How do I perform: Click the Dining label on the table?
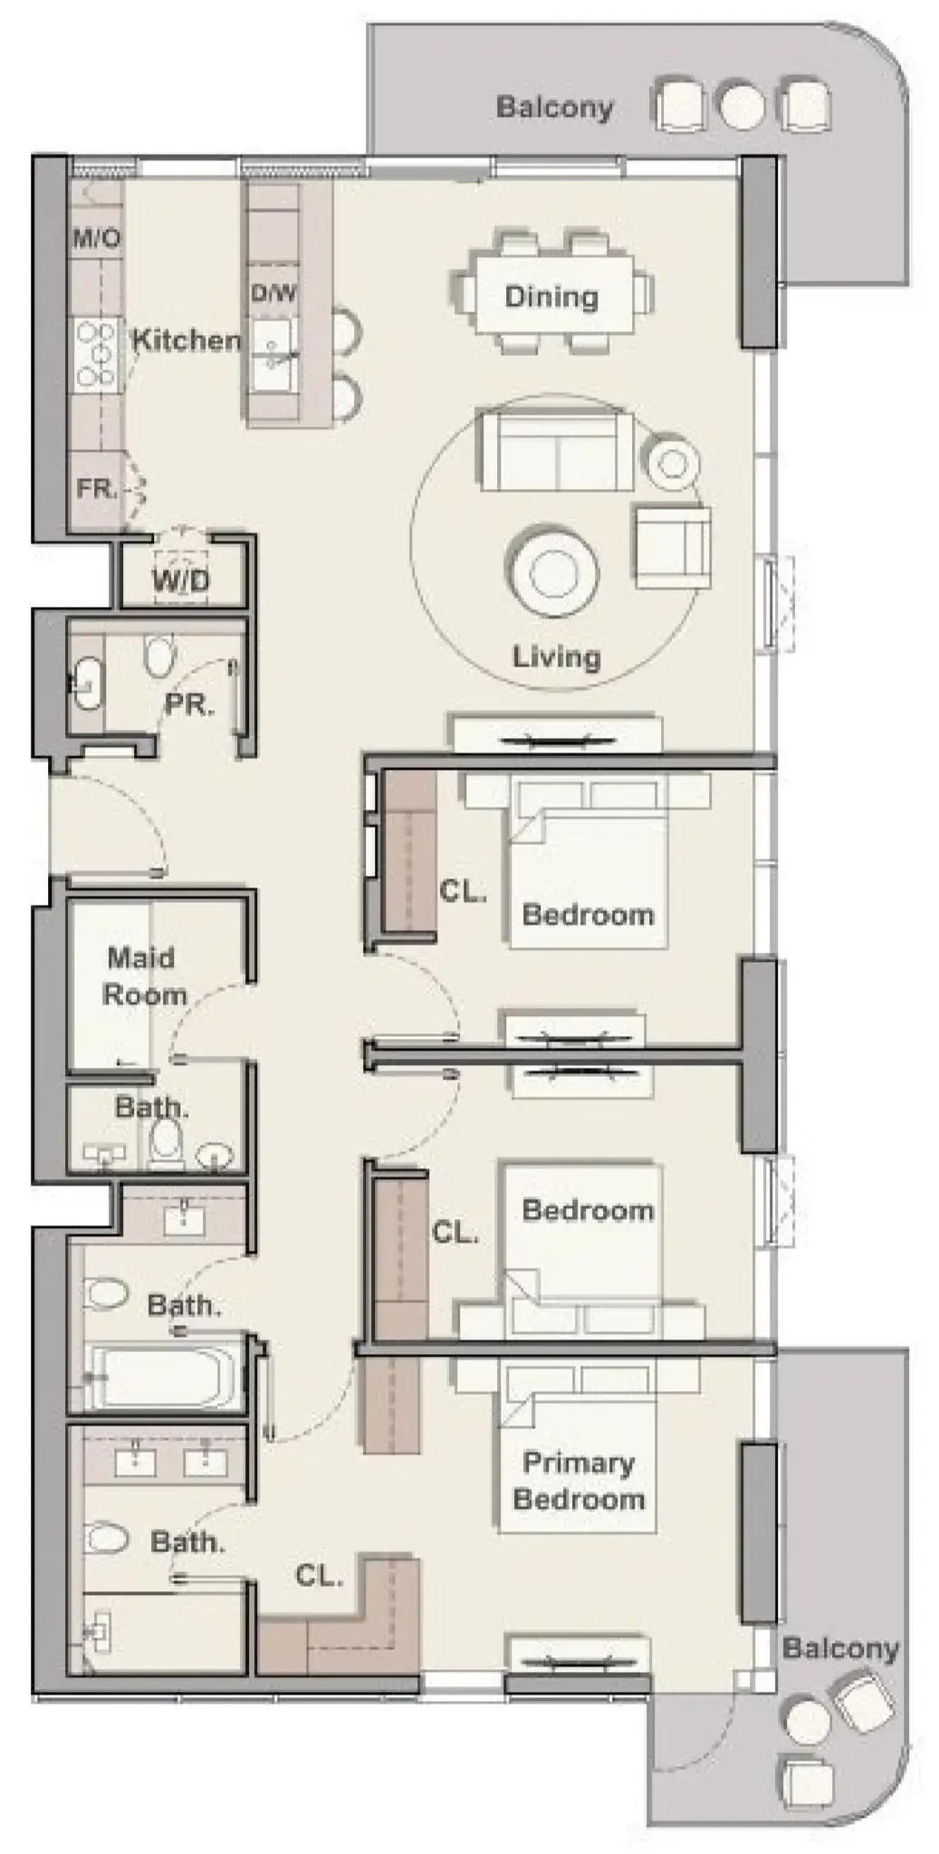point(551,297)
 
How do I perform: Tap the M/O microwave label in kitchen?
point(96,239)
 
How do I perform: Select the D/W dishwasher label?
point(273,293)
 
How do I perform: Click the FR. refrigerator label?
point(97,489)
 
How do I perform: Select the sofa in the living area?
point(554,450)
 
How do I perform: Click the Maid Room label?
point(142,976)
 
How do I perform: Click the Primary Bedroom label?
point(578,1481)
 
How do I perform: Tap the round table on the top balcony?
point(742,106)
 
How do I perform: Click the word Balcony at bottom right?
point(839,1647)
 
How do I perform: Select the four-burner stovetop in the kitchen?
point(96,354)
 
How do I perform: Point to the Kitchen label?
point(187,341)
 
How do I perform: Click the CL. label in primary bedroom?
point(319,1576)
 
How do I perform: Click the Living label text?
point(556,657)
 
